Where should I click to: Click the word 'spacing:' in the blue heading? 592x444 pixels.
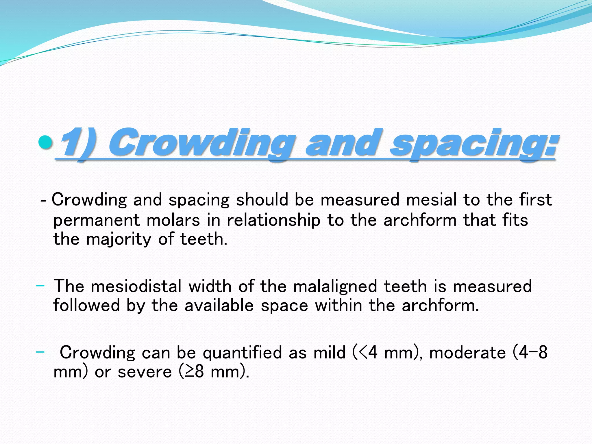click(473, 143)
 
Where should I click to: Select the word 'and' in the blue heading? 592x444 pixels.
click(344, 143)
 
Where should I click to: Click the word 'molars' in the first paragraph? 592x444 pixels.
click(173, 220)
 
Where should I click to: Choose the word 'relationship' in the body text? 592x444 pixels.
click(273, 220)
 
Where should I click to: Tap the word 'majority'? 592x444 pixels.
click(119, 239)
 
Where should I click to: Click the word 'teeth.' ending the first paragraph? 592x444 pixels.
click(204, 239)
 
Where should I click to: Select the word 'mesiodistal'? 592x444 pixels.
click(136, 286)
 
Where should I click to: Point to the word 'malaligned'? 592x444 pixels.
click(335, 286)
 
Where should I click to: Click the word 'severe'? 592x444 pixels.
click(145, 372)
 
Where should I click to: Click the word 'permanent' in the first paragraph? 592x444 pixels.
click(97, 220)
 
